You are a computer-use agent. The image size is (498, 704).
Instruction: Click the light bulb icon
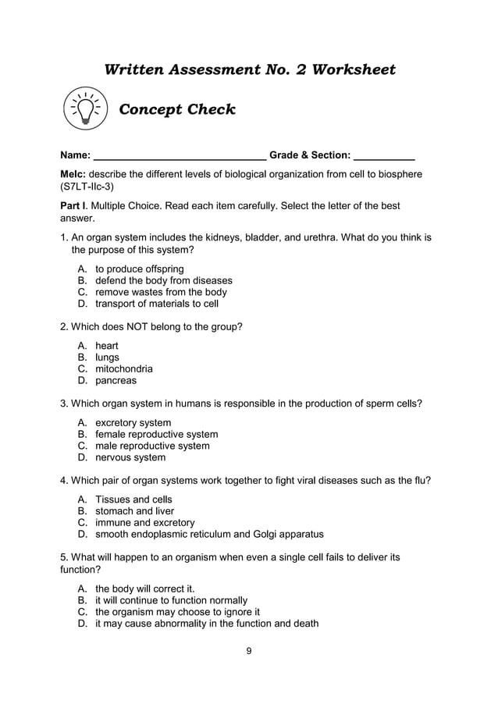(84, 109)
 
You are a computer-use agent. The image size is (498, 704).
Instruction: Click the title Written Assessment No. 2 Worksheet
(250, 69)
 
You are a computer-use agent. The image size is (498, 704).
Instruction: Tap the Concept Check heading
(176, 109)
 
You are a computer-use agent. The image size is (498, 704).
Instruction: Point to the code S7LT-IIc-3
(87, 187)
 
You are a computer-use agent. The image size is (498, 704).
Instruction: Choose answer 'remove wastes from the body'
(161, 292)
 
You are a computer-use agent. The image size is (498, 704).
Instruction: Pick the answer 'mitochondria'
(124, 368)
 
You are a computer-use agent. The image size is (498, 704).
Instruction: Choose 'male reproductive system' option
(152, 446)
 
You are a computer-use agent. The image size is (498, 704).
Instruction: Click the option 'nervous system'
(130, 457)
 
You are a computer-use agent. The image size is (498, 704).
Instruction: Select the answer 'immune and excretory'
(145, 522)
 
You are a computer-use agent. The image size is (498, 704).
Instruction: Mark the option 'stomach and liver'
(134, 511)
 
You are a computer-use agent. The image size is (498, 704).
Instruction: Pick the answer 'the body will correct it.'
(144, 588)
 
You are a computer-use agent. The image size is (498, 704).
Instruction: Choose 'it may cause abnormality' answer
(207, 623)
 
